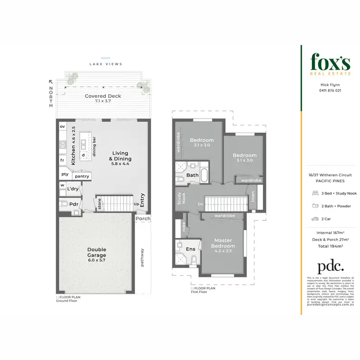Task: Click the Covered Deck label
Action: click(x=103, y=96)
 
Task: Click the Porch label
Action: click(x=143, y=218)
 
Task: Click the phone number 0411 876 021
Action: click(x=331, y=90)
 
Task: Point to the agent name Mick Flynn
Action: click(x=331, y=84)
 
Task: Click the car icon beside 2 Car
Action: click(x=314, y=218)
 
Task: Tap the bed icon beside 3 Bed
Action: click(x=314, y=193)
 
